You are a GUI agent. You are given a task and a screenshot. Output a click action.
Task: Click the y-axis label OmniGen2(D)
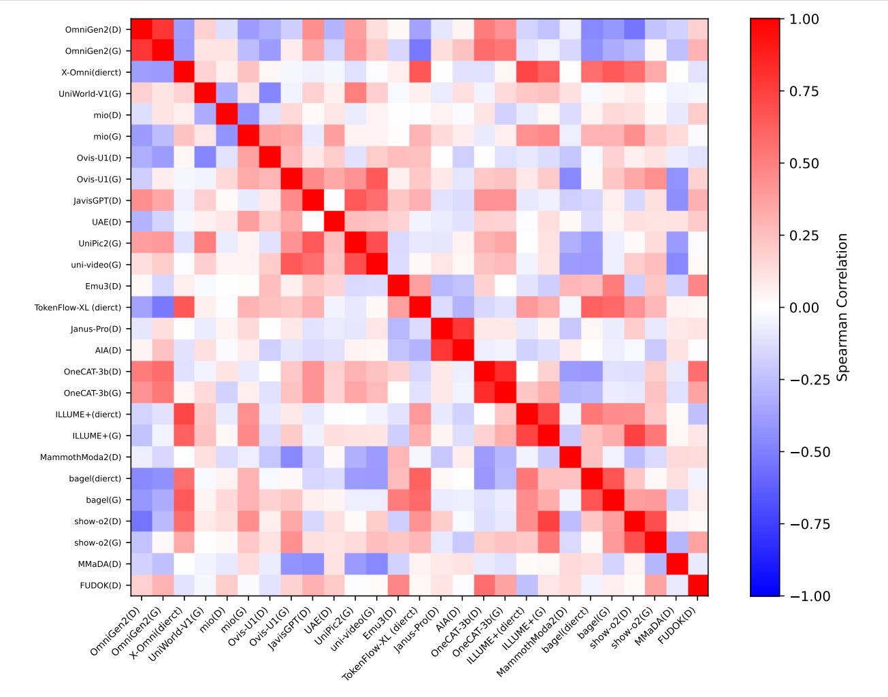pos(93,30)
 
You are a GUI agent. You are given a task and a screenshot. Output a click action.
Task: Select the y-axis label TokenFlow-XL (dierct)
pos(78,308)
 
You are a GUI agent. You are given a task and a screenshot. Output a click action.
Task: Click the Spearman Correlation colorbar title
pos(842,308)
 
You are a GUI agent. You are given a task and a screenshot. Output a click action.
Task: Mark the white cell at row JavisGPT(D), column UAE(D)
pos(334,201)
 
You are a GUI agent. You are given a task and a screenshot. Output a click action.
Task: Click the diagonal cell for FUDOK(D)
pos(697,585)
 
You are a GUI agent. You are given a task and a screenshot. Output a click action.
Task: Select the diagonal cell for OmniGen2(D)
pos(142,30)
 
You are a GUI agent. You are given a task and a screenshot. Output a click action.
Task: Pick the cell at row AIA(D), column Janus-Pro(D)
pos(441,351)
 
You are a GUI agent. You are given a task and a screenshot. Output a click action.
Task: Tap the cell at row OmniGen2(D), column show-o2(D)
pos(634,30)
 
